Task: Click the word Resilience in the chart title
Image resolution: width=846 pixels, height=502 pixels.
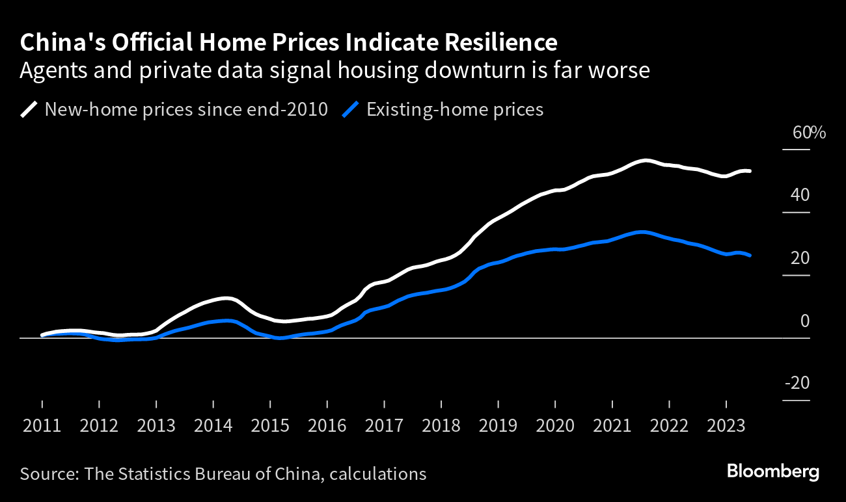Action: point(500,43)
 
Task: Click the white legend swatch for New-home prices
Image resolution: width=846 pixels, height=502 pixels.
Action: point(29,109)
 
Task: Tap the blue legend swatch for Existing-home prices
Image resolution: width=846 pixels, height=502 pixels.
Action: point(351,109)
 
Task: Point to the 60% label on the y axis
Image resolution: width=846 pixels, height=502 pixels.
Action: point(809,133)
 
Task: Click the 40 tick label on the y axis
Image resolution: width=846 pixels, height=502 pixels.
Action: point(801,195)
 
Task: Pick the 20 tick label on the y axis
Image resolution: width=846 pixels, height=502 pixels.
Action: point(801,258)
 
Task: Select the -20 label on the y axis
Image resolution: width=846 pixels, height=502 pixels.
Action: point(798,384)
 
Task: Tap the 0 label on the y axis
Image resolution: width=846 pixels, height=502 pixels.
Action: point(805,321)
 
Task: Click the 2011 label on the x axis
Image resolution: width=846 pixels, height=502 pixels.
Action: point(42,426)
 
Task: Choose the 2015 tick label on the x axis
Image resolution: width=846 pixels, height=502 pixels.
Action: point(270,426)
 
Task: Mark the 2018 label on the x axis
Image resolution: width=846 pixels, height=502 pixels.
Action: point(441,426)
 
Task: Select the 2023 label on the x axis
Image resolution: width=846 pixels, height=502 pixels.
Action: point(726,426)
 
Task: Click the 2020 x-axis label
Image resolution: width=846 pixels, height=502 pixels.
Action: point(555,426)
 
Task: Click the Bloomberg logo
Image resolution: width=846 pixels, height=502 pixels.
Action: point(773,471)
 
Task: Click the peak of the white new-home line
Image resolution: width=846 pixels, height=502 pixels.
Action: point(644,160)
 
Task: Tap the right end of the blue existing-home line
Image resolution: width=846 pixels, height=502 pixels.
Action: point(750,256)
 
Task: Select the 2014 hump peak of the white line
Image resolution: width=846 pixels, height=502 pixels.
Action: point(225,298)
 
